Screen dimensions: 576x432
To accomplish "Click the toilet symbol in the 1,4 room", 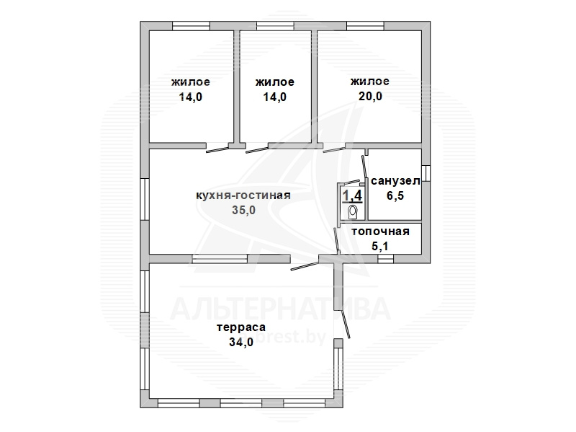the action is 353,212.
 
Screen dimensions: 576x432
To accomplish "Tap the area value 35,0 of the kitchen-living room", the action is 243,210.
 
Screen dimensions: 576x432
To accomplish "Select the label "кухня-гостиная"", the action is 243,195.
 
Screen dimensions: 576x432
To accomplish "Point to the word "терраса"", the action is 241,327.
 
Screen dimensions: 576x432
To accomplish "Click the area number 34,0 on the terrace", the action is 241,343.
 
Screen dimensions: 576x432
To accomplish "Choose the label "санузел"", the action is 395,181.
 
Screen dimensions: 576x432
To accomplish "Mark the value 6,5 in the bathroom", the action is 395,195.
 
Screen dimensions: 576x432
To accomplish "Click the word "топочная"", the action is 380,232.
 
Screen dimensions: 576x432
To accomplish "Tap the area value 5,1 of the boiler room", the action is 380,246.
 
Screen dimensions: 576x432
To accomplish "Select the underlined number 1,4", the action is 352,195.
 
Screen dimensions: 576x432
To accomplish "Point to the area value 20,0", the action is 370,97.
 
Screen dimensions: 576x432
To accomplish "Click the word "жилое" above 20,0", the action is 370,81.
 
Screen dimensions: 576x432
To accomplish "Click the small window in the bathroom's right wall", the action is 426,173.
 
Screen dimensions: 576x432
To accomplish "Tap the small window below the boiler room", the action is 385,259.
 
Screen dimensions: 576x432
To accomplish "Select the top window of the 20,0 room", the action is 365,26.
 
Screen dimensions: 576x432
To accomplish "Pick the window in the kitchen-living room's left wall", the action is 145,200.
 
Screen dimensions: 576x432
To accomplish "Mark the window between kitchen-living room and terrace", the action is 220,259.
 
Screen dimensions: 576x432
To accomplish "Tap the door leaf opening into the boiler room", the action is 336,241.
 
